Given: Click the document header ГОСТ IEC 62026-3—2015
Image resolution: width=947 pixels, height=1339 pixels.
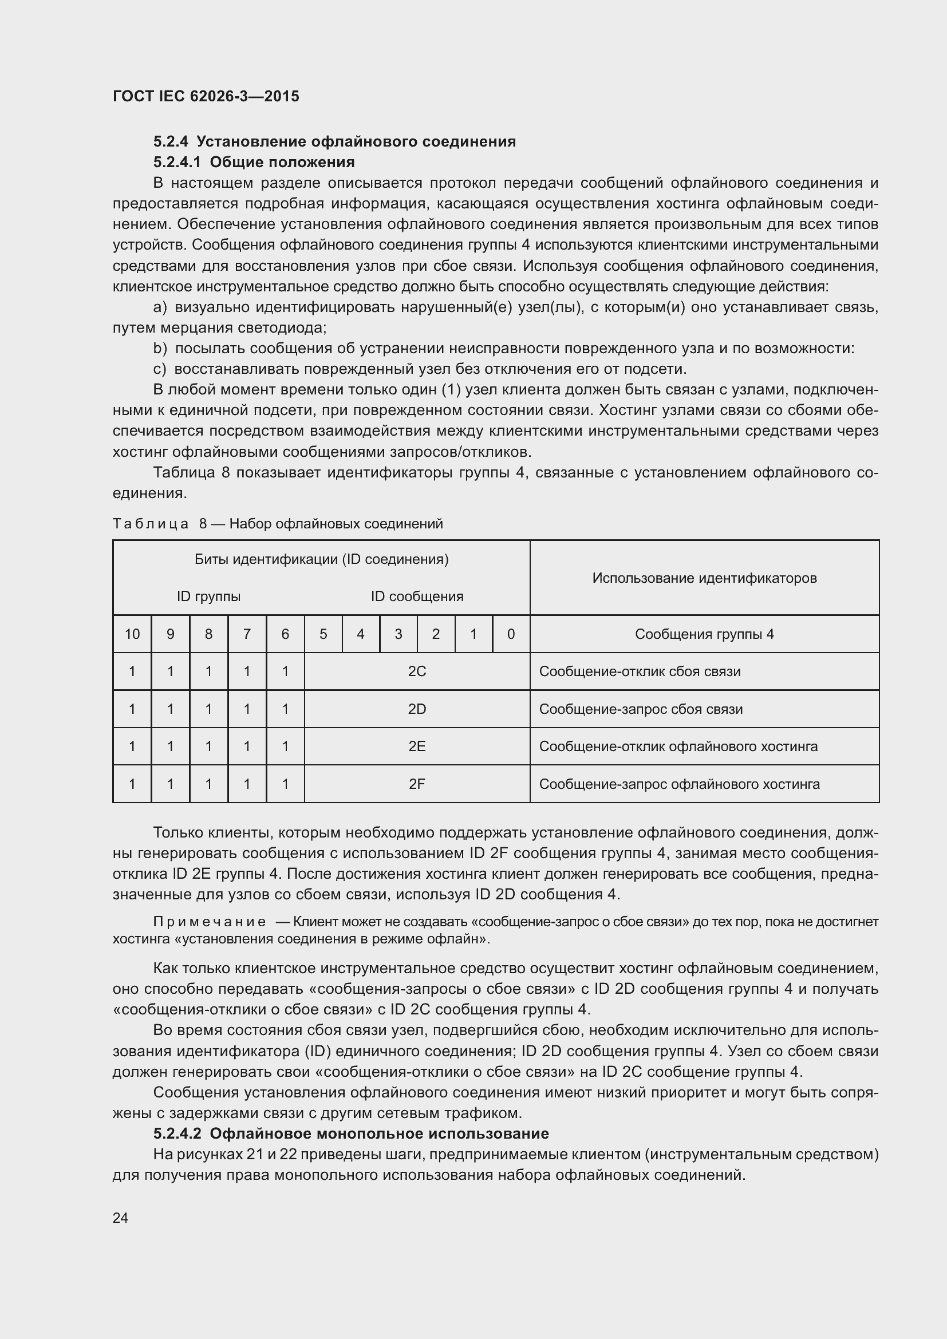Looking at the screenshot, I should coord(206,96).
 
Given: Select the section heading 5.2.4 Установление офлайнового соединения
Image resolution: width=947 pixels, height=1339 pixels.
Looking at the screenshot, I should coord(334,142).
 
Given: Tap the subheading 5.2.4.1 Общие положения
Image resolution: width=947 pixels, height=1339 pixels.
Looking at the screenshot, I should coord(254,162).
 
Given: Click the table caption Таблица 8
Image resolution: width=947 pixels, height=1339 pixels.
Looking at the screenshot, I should coord(151,524).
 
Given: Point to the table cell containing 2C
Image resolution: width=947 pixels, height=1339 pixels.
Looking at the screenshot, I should coord(417,672).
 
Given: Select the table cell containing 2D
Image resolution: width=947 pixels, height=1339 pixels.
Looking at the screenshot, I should coord(417,709).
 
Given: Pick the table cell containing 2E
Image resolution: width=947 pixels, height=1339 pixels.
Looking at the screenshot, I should coord(417,746).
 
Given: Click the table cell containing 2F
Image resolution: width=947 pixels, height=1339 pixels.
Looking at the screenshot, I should coord(417,784).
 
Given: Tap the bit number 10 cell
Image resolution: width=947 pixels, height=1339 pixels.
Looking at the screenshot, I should coord(132,634).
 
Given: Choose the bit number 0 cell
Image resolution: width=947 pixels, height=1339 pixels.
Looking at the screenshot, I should coord(511,634).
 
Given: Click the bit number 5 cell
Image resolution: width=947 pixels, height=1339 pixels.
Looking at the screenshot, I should coord(323,634).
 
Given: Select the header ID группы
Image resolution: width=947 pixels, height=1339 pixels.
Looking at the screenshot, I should coord(209,597).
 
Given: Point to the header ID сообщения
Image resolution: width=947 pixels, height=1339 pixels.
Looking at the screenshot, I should coord(417,597).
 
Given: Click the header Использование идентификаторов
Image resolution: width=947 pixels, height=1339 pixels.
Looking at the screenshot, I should coord(704,578).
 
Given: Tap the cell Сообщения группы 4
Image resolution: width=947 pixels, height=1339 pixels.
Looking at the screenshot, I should coord(704,634).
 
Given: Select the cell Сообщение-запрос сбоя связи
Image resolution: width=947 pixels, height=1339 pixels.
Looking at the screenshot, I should coord(641,709).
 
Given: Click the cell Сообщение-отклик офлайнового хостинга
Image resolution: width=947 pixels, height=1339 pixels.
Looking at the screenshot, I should coord(678,746).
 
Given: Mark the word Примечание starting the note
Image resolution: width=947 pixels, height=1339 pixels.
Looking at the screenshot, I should coord(210,922).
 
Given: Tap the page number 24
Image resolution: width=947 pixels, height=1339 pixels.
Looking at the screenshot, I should coord(121,1218).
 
